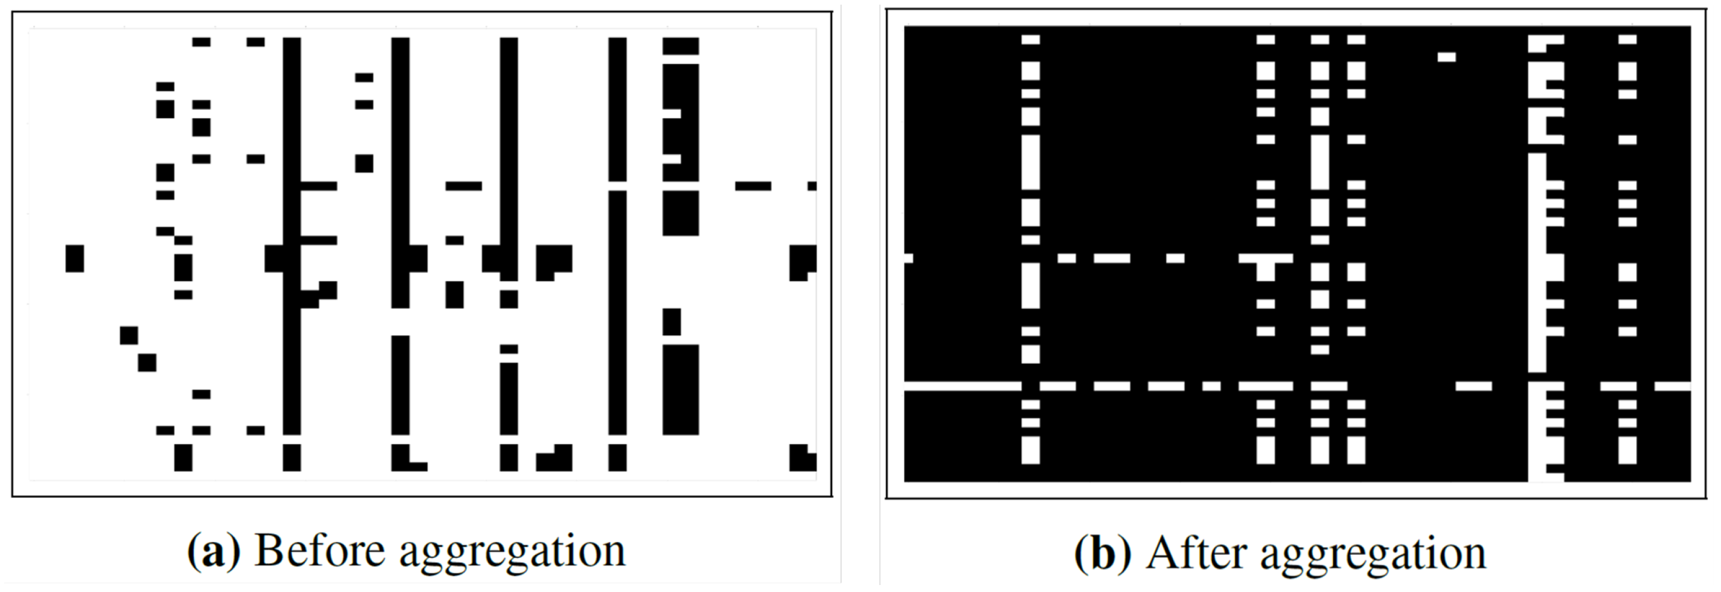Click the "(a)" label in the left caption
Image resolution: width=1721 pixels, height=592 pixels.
pos(213,552)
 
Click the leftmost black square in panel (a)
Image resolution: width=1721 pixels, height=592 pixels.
pos(75,259)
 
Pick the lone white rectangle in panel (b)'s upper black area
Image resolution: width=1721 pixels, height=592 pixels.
pos(1446,58)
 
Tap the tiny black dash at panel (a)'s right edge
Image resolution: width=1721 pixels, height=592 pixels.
pos(812,186)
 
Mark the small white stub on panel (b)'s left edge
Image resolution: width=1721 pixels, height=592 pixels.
pos(908,258)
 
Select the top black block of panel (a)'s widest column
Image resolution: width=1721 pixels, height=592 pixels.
pos(680,46)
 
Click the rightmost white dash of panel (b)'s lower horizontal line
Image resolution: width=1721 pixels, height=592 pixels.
pos(1672,386)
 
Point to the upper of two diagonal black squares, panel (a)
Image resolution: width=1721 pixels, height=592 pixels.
pos(129,335)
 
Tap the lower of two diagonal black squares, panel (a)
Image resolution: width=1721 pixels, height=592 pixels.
pos(147,363)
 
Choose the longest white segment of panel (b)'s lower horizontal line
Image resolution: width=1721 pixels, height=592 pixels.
pos(962,386)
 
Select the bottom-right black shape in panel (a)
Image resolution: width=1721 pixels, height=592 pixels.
pos(802,458)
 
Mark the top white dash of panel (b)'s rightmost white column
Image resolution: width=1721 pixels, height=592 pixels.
pos(1628,40)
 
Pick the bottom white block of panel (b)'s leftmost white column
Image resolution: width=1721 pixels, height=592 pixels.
pos(1031,450)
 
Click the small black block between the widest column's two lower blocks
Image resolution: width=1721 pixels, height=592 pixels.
pos(671,322)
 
